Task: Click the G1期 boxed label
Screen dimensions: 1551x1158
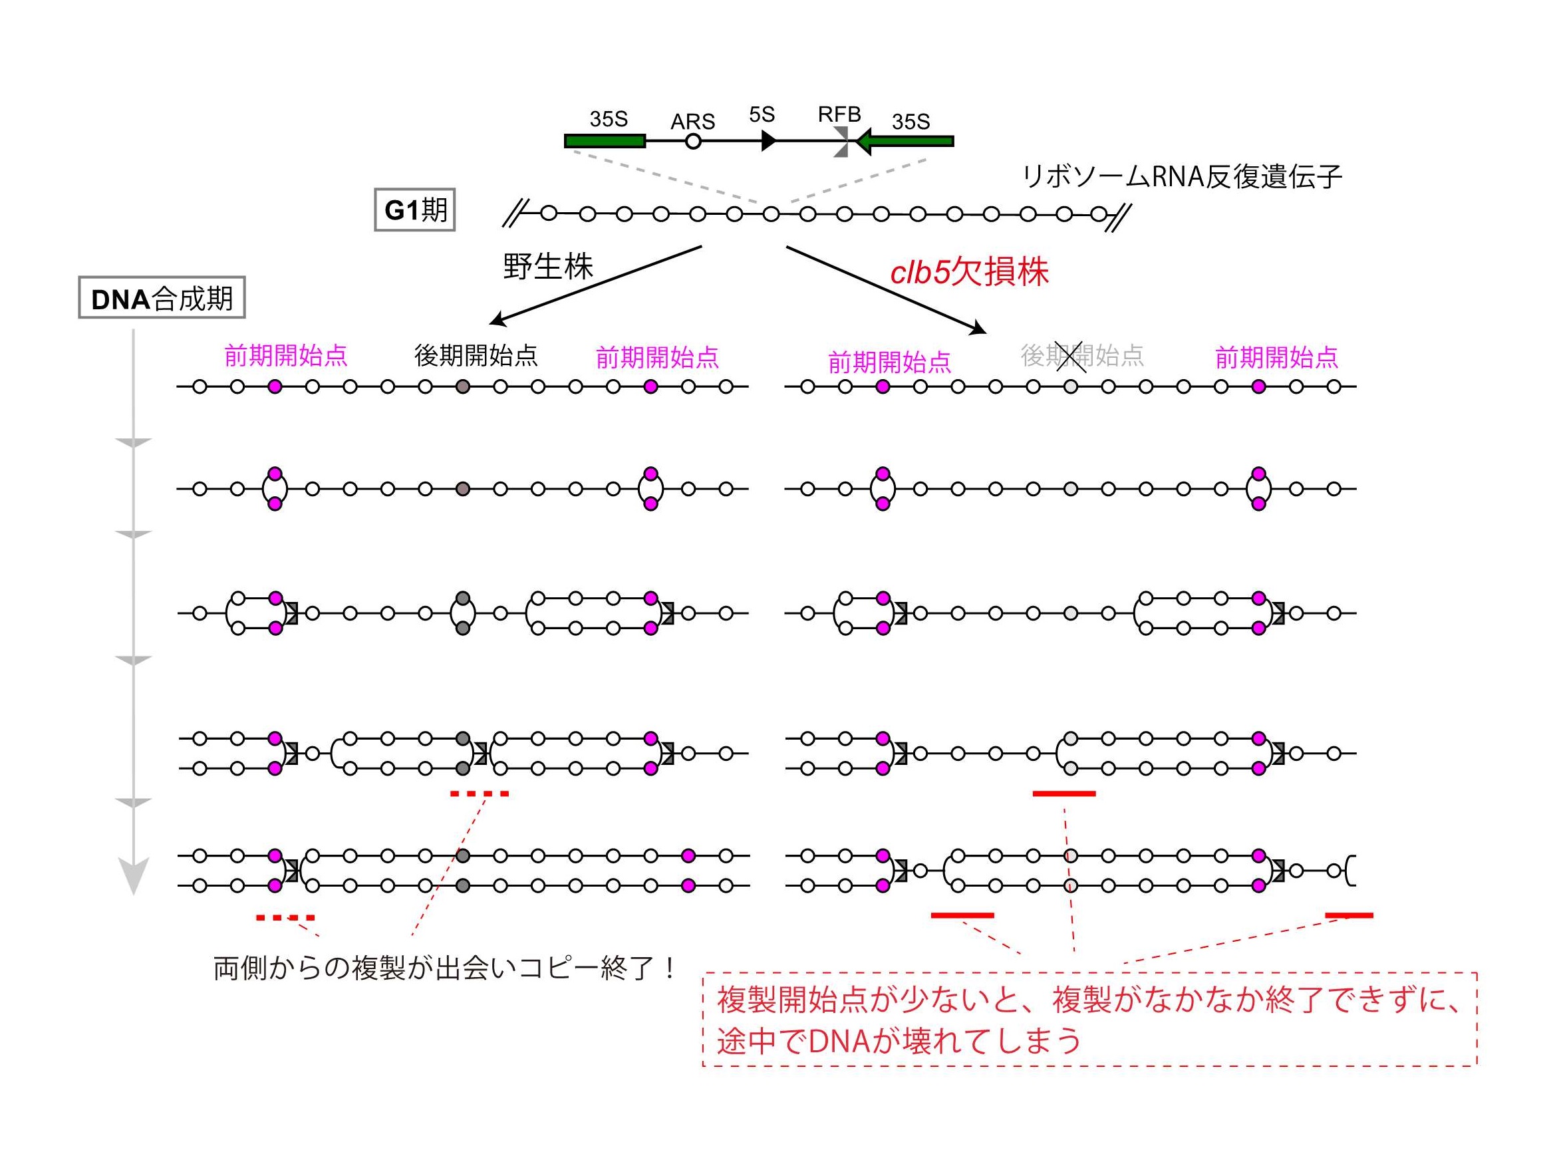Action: point(414,210)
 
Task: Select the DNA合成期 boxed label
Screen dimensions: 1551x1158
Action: point(161,298)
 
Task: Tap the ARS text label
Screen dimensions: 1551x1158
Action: point(692,121)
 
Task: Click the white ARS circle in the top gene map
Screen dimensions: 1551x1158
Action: point(692,142)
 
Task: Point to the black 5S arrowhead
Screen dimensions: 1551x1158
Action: point(769,141)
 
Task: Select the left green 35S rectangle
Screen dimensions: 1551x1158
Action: point(605,141)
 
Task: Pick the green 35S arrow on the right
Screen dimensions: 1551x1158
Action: point(904,142)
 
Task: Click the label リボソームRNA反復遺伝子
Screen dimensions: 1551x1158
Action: point(1182,177)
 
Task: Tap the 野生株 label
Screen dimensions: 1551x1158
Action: point(548,266)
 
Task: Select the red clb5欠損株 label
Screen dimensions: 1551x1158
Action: point(969,272)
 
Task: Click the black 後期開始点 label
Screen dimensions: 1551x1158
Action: point(476,355)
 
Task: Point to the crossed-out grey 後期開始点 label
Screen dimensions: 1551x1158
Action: point(1082,355)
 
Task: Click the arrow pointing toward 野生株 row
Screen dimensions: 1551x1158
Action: point(596,285)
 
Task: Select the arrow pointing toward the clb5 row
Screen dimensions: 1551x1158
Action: point(887,289)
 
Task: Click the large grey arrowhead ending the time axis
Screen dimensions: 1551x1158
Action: point(133,876)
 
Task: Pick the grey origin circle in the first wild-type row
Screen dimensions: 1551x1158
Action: point(462,386)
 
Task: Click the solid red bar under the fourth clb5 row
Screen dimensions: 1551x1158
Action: point(1064,794)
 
